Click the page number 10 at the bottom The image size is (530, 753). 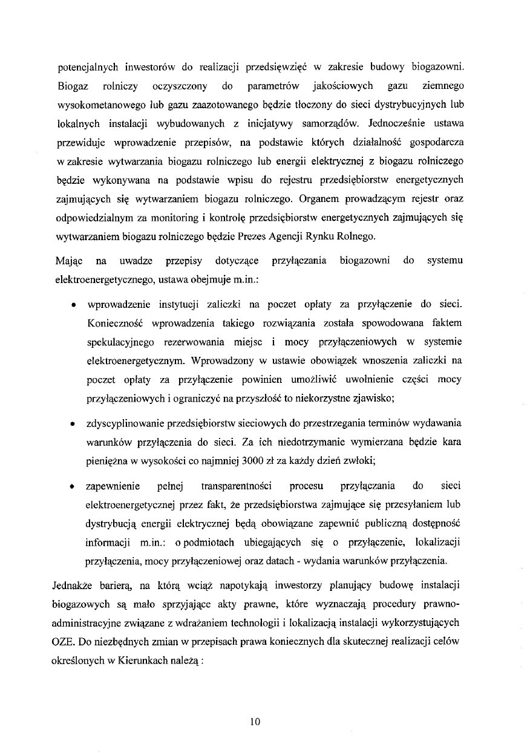click(x=254, y=721)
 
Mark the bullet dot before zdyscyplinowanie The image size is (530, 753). click(x=73, y=423)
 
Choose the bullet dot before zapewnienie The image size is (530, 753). click(x=73, y=486)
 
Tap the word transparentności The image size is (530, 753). click(x=237, y=486)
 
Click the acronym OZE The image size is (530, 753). click(x=65, y=642)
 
